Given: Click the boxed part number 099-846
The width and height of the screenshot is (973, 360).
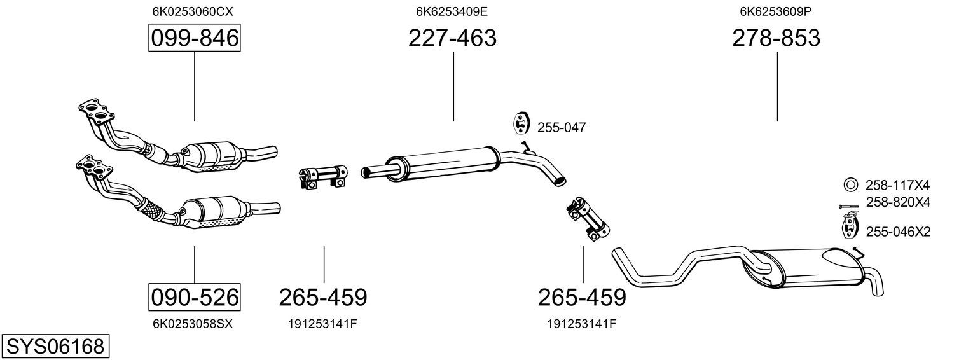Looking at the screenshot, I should [x=194, y=39].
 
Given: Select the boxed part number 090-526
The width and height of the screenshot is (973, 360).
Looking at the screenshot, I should [x=194, y=297].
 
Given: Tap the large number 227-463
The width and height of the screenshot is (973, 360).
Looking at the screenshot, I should [x=452, y=38].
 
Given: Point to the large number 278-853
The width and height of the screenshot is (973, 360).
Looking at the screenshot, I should [x=776, y=38].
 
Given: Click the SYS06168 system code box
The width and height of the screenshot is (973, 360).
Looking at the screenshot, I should [x=55, y=347].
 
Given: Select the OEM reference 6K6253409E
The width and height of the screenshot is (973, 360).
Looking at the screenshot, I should [x=452, y=11].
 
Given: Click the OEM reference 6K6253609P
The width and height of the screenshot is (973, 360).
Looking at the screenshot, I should [x=776, y=11].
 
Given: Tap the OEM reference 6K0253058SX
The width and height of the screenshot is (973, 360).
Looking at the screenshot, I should [x=193, y=324].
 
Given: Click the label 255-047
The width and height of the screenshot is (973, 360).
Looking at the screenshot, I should [x=562, y=128].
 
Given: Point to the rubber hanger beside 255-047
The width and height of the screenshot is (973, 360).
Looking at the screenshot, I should [x=521, y=123].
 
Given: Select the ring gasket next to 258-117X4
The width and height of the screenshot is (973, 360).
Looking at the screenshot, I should [x=850, y=185].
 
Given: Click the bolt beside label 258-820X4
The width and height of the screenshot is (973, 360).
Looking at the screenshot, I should [x=848, y=206].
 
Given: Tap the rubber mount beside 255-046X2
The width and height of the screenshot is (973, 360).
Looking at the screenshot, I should [x=849, y=227].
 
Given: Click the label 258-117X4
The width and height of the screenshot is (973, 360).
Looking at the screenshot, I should [x=897, y=186].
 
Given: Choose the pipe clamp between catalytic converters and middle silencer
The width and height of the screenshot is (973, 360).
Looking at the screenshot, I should [x=322, y=176].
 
